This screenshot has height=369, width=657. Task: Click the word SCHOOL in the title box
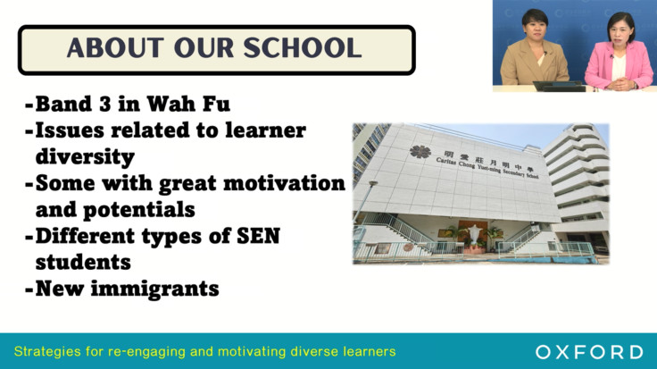coord(302,47)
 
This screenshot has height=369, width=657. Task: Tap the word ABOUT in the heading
coord(115,47)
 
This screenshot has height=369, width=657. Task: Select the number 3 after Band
coord(105,104)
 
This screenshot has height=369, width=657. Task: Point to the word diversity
coord(85,157)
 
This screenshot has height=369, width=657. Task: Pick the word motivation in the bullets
coord(284,183)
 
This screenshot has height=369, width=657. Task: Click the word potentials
coord(138,210)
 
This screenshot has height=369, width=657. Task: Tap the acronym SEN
coord(258,236)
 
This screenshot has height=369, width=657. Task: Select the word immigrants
coord(155,289)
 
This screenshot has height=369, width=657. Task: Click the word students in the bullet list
coord(83,262)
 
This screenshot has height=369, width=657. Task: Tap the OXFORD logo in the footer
coord(589,352)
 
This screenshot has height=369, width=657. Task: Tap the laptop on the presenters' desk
coord(559,86)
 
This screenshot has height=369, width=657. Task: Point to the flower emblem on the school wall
coord(420,152)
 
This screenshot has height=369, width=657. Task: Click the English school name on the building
coord(487,168)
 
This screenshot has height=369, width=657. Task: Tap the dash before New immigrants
coord(29,289)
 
